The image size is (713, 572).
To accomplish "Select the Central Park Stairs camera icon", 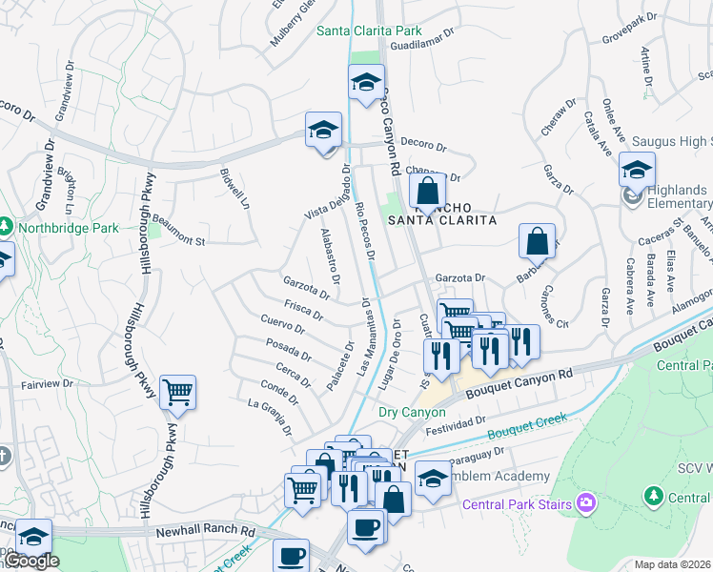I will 585,502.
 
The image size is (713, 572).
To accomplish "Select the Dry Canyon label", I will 412,412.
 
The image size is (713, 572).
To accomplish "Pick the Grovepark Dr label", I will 630,30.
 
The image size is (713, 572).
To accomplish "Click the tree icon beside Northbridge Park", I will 5,227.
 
